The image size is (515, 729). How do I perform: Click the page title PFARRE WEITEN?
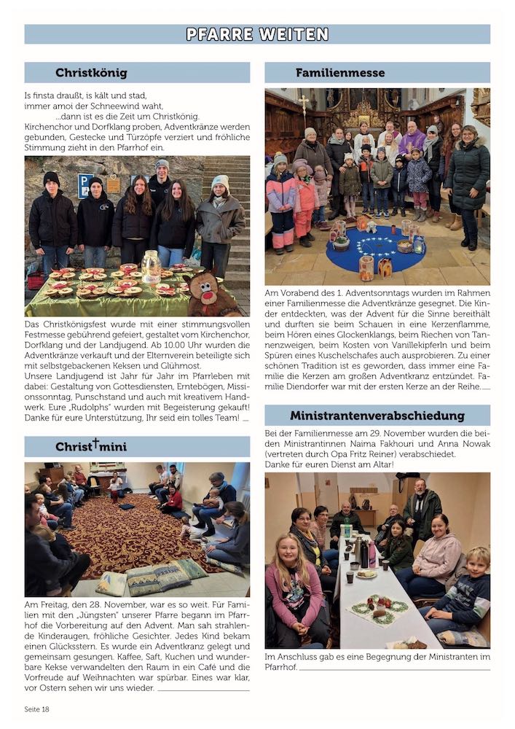click(257, 34)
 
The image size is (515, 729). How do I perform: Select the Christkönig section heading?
click(91, 73)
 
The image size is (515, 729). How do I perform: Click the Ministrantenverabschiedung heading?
click(377, 416)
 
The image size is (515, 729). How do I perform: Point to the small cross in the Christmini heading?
click(95, 443)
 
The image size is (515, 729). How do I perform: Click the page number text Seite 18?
click(36, 709)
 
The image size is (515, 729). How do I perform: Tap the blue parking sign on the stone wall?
click(84, 185)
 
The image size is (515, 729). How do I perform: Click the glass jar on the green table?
click(151, 266)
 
